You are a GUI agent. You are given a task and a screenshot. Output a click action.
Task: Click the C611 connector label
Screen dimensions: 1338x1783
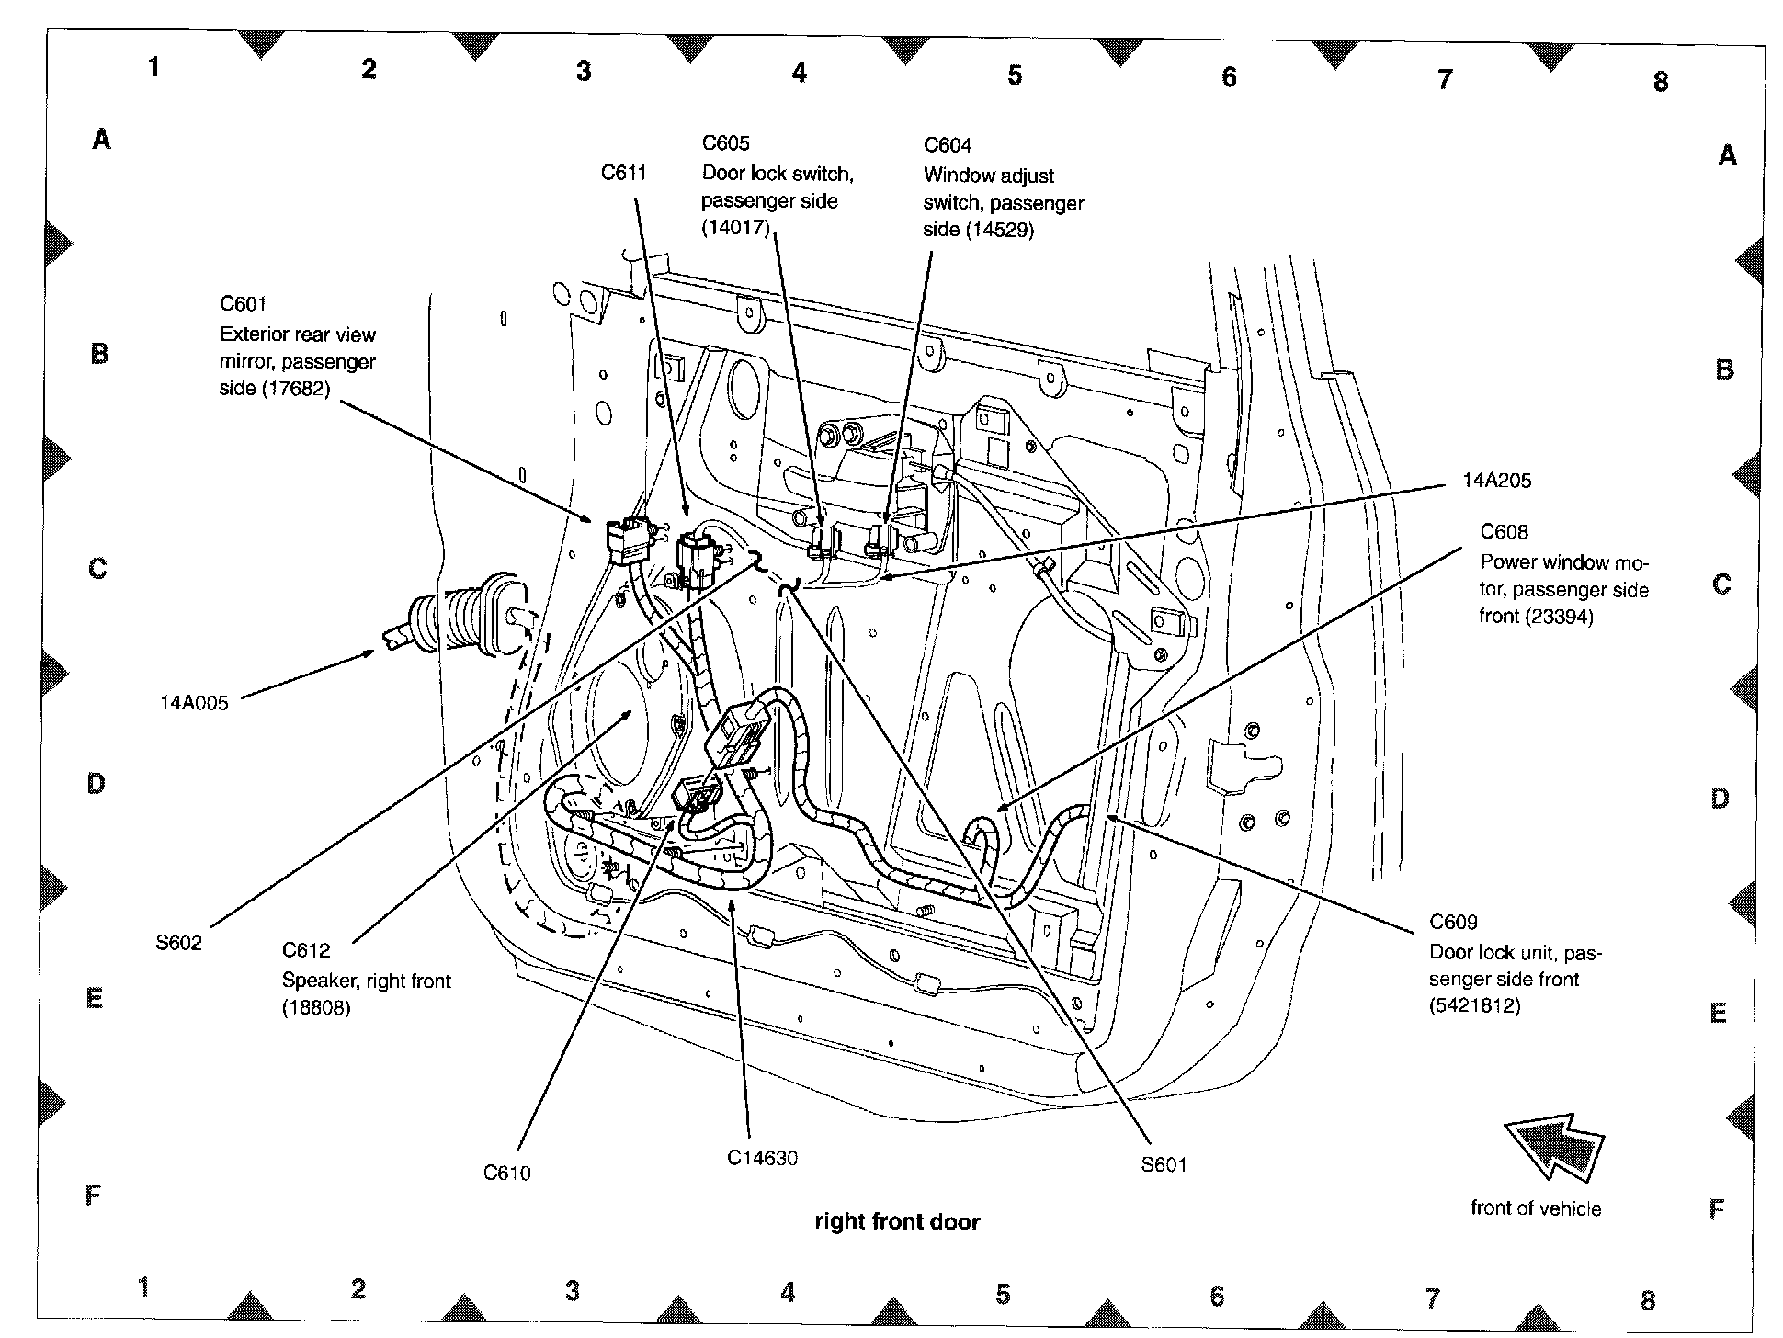coord(623,173)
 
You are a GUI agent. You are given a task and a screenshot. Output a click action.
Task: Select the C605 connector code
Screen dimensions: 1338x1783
coord(725,143)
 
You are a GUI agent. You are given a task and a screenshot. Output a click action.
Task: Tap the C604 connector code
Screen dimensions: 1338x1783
coord(947,145)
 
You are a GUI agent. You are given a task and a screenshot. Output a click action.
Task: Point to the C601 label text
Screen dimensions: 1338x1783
coord(243,304)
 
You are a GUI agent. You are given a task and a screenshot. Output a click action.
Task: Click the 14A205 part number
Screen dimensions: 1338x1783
coord(1496,481)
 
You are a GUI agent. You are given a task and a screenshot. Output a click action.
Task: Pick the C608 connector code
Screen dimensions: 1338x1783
coord(1504,532)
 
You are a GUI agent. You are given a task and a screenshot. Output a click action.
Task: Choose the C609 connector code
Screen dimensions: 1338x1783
coord(1453,922)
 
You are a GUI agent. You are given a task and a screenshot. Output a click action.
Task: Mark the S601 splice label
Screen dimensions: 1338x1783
coord(1164,1165)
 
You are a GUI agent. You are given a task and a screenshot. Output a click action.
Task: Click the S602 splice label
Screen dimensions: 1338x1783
coord(178,943)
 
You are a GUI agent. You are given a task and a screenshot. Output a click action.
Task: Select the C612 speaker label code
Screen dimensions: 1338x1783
coord(305,950)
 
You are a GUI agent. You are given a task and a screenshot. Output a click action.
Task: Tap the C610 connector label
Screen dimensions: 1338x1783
coord(506,1173)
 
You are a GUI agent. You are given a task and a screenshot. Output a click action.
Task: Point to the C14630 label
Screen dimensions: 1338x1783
coord(762,1158)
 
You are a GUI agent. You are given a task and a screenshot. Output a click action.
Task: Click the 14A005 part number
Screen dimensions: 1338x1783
coord(193,704)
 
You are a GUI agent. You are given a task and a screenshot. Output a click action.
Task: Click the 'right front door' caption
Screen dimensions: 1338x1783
coord(897,1221)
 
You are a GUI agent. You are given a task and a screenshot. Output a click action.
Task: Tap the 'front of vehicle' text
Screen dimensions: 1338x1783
coord(1535,1208)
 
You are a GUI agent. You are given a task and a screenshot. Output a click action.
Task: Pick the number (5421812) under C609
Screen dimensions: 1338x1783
coord(1474,1006)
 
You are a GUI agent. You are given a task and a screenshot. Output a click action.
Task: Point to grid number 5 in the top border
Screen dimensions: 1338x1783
coord(1015,74)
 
